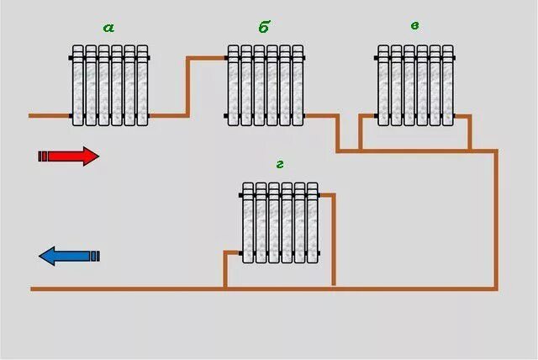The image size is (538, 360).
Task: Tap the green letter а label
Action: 108,27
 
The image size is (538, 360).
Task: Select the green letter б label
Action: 264,27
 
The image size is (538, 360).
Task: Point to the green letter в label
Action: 414,25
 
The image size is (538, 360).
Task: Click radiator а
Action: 110,85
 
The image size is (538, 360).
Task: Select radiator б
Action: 265,85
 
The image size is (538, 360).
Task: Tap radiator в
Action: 415,85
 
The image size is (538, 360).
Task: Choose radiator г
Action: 281,222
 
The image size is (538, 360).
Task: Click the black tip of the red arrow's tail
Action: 40,156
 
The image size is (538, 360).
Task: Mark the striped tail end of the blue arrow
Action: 95,256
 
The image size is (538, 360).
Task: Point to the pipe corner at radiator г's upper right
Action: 335,195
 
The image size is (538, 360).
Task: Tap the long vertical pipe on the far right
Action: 496,219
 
